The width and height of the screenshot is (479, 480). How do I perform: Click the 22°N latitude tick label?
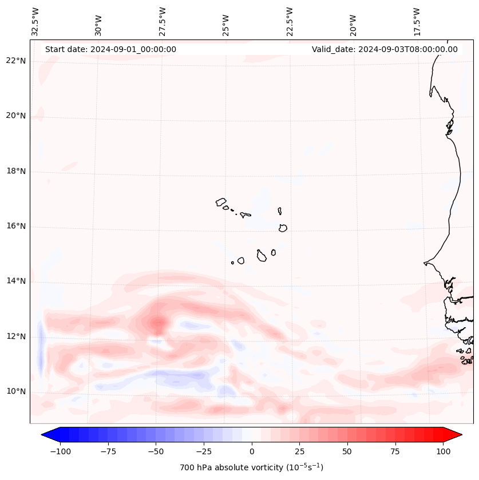(15, 61)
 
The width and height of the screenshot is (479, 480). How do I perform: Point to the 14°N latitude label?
(15, 281)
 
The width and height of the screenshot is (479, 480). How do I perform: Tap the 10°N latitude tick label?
(15, 391)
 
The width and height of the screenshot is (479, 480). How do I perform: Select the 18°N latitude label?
(15, 171)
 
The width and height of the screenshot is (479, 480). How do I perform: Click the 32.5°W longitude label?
(35, 21)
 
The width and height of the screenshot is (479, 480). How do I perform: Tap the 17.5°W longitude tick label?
(417, 21)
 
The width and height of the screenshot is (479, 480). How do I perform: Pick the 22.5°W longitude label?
(290, 21)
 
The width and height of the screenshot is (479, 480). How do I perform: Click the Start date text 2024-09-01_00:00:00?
(110, 49)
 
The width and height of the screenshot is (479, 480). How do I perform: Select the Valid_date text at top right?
(385, 49)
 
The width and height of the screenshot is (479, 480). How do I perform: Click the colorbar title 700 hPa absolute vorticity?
(251, 467)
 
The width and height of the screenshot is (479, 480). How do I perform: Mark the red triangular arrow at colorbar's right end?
(453, 435)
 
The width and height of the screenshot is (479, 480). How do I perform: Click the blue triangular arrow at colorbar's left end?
(50, 435)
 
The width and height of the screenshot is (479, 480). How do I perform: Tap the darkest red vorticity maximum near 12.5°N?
(157, 324)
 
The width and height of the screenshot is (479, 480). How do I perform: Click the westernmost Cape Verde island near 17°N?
(221, 202)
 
